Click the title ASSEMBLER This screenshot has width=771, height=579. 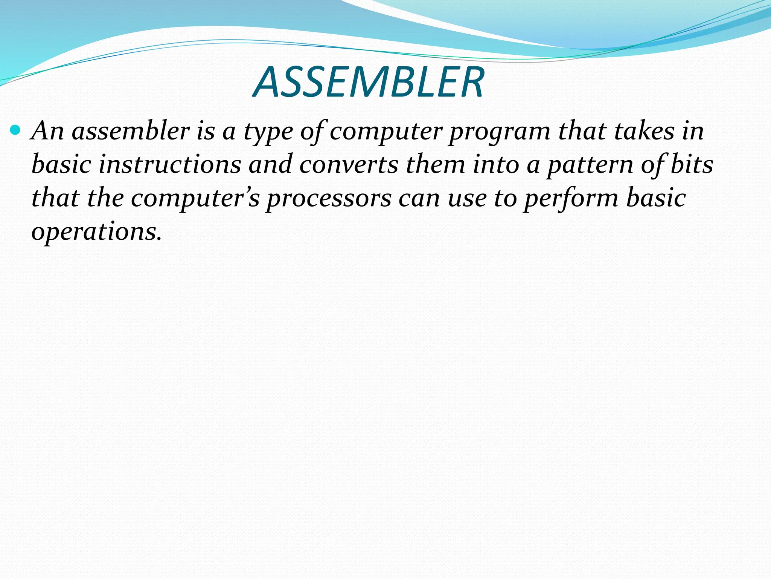tap(369, 82)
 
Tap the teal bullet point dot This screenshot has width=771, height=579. tap(15, 130)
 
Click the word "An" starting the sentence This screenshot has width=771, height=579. tap(48, 131)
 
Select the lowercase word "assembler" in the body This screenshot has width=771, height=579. tap(131, 131)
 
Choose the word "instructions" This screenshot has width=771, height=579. tap(170, 165)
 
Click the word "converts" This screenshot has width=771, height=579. tap(349, 165)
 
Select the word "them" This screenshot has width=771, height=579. tap(435, 165)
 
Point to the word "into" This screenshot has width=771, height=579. tap(496, 165)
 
